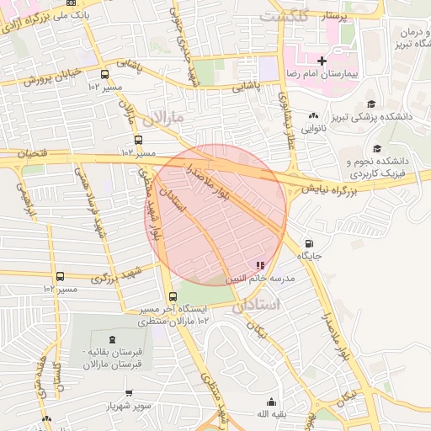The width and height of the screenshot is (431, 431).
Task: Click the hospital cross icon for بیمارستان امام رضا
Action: [322, 61]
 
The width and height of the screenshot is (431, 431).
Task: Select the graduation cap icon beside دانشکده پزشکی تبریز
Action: [371, 105]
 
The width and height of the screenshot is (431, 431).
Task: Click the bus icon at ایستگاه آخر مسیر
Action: [173, 297]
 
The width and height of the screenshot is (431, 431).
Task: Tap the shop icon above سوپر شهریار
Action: [129, 393]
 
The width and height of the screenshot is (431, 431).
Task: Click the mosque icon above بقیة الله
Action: [271, 402]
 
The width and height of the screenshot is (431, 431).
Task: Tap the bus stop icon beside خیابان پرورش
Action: [104, 74]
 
